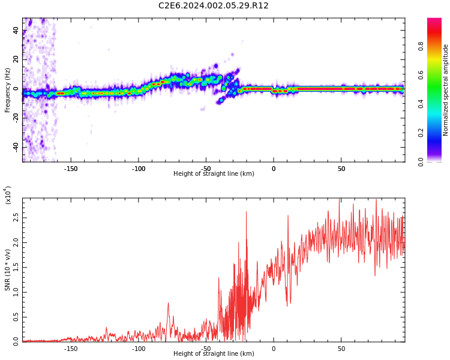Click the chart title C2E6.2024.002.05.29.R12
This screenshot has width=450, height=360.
(x=214, y=6)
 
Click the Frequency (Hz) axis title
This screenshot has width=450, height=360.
(x=8, y=89)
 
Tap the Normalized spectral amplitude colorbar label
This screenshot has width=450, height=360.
(x=446, y=90)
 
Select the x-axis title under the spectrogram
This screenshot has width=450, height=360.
(x=214, y=174)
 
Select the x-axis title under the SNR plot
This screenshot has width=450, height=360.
(x=214, y=354)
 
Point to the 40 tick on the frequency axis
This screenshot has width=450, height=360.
(x=16, y=31)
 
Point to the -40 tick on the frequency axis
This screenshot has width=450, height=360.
(x=15, y=147)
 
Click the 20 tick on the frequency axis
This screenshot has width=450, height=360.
(x=16, y=60)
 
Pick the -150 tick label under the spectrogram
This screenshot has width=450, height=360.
(x=71, y=169)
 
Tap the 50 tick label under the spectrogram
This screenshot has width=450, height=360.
(x=341, y=169)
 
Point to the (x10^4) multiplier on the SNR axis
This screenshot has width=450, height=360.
(x=8, y=195)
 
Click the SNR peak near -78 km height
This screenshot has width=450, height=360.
(x=168, y=303)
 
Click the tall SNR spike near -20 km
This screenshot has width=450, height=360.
(x=246, y=212)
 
